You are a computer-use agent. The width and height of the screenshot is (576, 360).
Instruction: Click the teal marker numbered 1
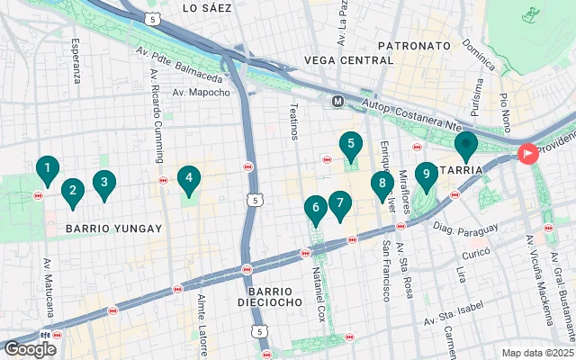47,168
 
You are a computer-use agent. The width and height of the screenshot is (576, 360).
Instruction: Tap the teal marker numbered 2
73,190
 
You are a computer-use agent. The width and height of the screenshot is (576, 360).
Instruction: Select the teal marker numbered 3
104,184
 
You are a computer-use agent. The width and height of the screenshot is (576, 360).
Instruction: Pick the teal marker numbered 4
188,179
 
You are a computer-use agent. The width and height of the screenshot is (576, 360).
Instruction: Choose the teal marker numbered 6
315,208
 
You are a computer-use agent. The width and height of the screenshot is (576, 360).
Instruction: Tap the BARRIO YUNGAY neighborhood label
114,229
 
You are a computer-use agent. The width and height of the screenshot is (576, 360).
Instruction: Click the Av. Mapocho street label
202,92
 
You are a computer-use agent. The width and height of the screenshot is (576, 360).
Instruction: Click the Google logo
31,348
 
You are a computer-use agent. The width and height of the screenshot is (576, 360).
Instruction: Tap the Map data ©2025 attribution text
536,353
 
